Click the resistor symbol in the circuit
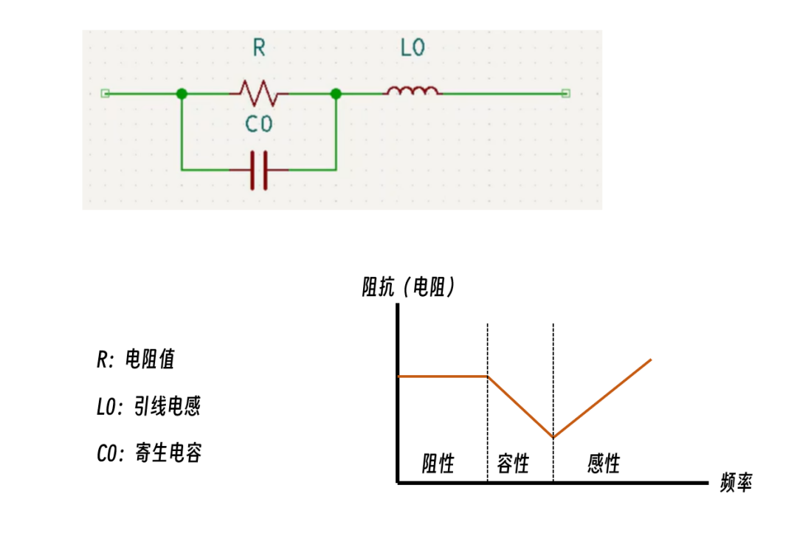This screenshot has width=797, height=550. pos(258,94)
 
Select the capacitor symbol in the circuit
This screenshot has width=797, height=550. pos(258,170)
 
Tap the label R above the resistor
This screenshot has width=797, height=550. pos(259,49)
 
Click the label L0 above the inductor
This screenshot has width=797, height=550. pos(413,49)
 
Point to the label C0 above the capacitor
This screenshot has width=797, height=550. pos(259,125)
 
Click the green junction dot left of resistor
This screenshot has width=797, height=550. pos(182,94)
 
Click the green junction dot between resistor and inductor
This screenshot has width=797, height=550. pos(336,94)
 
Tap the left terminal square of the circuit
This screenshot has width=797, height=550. pos(105,94)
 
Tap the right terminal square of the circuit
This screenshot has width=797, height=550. pos(566,94)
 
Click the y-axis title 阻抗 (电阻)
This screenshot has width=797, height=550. pos(408,287)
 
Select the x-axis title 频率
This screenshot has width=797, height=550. pos(736,484)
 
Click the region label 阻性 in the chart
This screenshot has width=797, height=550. pos(438,464)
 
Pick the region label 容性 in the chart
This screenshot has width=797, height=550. pos(514,464)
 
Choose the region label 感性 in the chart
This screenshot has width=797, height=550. pos(604,464)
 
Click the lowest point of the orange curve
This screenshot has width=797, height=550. pos(553,437)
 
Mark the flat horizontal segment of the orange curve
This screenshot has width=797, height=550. pos(443,377)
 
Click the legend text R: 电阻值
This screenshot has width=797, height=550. pos(136,360)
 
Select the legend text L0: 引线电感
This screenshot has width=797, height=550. pos(148,406)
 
